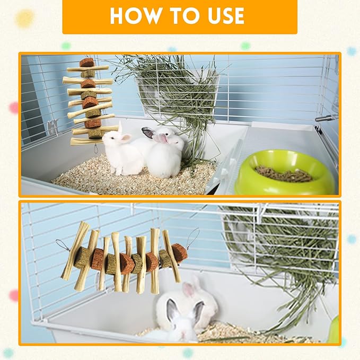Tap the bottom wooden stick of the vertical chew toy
point(87,141)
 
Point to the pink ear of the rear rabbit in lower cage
point(189,289)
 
